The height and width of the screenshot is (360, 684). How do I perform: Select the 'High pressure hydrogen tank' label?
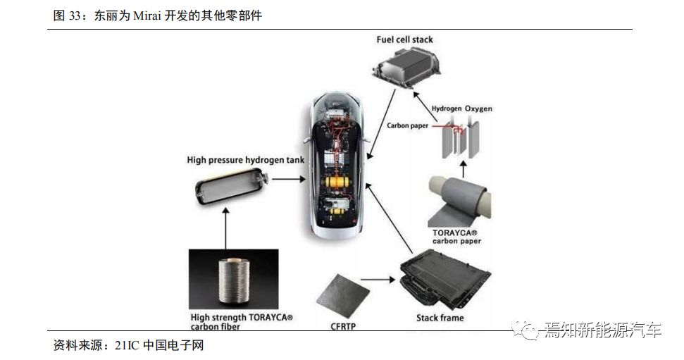246,160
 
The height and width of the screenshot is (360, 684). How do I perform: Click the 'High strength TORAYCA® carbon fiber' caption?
241,322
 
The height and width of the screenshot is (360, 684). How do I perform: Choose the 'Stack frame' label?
441,318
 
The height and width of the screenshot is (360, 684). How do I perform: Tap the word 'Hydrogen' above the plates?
447,108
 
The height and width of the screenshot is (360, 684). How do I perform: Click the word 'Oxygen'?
478,108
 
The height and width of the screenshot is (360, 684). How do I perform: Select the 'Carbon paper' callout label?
408,126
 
